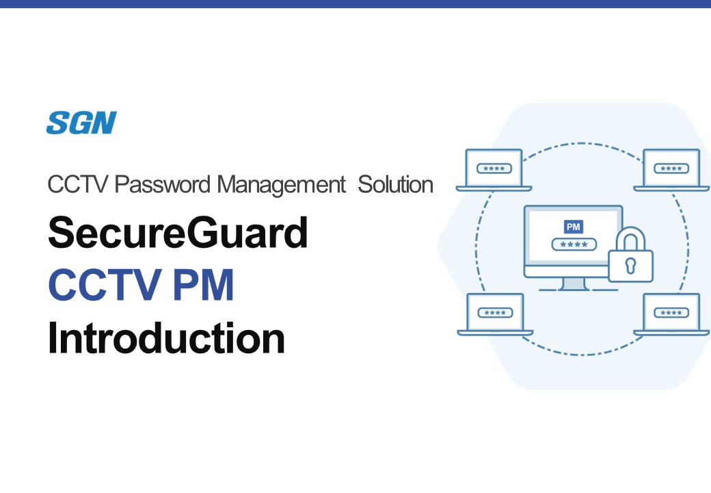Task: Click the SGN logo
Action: pos(81,123)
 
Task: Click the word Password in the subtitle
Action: pos(162,184)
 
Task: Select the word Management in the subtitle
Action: pos(281,185)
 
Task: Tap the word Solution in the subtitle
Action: pos(395,184)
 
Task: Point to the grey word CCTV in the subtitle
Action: pos(78,184)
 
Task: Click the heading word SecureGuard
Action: pos(178,232)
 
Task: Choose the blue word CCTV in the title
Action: pos(105,285)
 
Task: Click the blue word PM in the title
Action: pos(203,285)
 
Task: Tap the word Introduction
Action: pos(166,338)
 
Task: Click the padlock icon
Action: pos(630,255)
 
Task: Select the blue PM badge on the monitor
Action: pos(573,227)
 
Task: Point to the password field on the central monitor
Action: pos(574,244)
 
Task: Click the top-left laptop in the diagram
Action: pos(494,170)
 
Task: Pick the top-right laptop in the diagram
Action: pos(671,170)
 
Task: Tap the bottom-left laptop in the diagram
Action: pos(495,314)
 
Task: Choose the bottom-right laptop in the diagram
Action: pos(671,314)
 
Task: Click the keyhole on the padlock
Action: pos(630,266)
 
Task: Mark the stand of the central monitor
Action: pos(574,283)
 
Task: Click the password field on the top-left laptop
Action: pos(494,168)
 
